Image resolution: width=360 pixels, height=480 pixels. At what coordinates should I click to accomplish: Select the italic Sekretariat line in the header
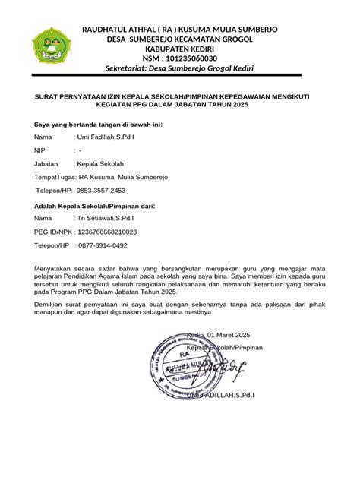tap(179, 70)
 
